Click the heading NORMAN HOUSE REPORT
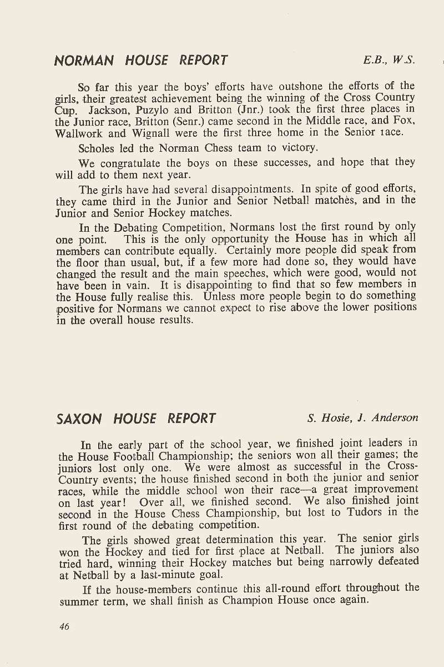click(141, 61)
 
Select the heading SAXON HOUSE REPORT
click(136, 419)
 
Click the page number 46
click(64, 626)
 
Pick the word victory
click(299, 148)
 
